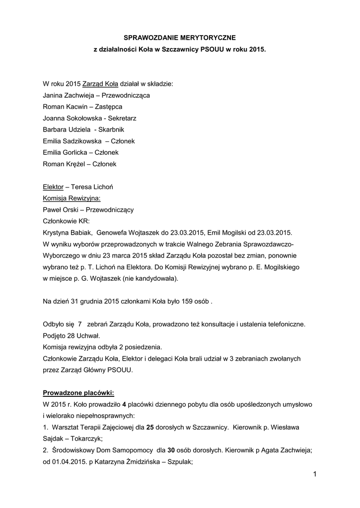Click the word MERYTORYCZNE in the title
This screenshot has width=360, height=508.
tap(210, 37)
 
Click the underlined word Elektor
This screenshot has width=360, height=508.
tap(53, 187)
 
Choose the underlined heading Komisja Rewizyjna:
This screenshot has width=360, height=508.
tap(72, 198)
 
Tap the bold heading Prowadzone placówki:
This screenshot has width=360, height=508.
tap(78, 393)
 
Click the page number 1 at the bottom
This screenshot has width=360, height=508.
tap(315, 474)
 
